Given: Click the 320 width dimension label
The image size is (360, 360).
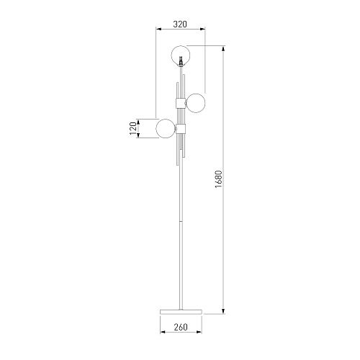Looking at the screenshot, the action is point(180,24).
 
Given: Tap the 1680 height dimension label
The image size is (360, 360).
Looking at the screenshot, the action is point(219,179).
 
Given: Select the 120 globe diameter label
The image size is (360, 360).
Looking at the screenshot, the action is point(133,128).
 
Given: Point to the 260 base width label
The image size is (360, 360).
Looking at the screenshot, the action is point(181,327).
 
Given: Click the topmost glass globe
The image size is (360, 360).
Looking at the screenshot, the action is point(181,55).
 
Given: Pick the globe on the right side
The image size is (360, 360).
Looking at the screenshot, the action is point(196,103).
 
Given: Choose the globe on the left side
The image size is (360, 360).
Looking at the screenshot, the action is point(166,128).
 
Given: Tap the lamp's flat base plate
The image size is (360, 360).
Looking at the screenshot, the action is point(181,312).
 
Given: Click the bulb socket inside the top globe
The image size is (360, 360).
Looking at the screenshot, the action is point(181,60).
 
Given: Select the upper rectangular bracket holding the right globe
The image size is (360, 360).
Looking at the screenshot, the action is point(181,103).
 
